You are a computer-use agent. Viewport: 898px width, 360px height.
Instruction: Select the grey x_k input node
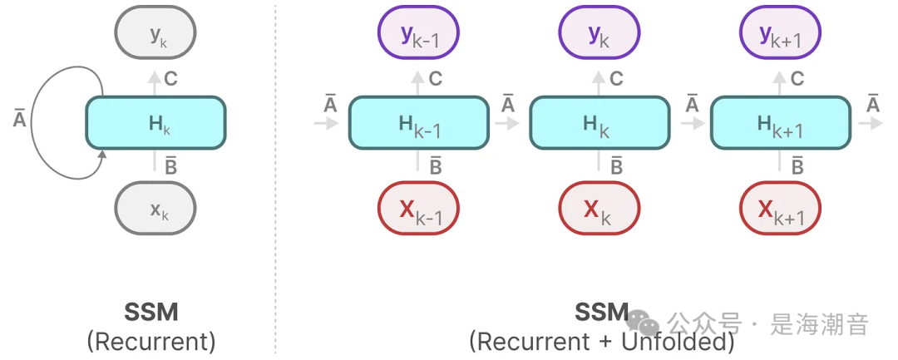(155, 208)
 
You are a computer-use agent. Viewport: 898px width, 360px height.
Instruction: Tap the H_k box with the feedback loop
(155, 123)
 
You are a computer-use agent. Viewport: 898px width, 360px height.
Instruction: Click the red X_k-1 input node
(418, 208)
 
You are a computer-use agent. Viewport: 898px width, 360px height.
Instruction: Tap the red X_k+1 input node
(780, 208)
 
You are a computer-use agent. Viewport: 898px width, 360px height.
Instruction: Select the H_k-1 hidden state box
(418, 123)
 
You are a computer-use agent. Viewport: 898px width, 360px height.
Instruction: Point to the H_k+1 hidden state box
(780, 123)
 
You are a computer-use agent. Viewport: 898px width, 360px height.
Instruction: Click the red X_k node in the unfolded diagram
(599, 208)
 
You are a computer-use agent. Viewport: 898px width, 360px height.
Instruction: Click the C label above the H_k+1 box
(797, 80)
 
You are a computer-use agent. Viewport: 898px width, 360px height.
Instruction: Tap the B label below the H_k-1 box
(436, 166)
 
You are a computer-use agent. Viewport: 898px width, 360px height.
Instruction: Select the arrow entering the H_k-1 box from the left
(327, 123)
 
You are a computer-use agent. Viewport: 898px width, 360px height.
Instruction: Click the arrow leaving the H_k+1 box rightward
(871, 123)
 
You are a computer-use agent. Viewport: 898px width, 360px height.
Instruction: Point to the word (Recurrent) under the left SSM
(150, 341)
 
